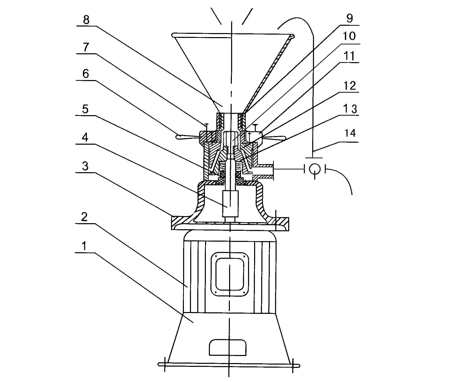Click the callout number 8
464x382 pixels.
coord(86,20)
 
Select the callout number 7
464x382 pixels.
coord(86,47)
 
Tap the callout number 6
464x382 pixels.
coord(86,74)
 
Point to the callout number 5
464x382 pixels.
coord(85,109)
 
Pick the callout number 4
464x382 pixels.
coord(85,138)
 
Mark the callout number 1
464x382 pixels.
coord(84,246)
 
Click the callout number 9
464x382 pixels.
coord(350,18)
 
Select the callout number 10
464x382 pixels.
coord(349,36)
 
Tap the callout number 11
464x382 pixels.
coord(349,56)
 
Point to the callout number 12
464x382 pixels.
coord(350,86)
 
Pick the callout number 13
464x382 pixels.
coord(350,109)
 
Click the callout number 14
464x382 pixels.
coord(350,133)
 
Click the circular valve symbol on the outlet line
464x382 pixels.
coord(315,169)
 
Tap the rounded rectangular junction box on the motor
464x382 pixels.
coord(230,274)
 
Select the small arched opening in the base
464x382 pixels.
coord(228,347)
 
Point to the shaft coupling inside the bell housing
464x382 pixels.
coord(230,203)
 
